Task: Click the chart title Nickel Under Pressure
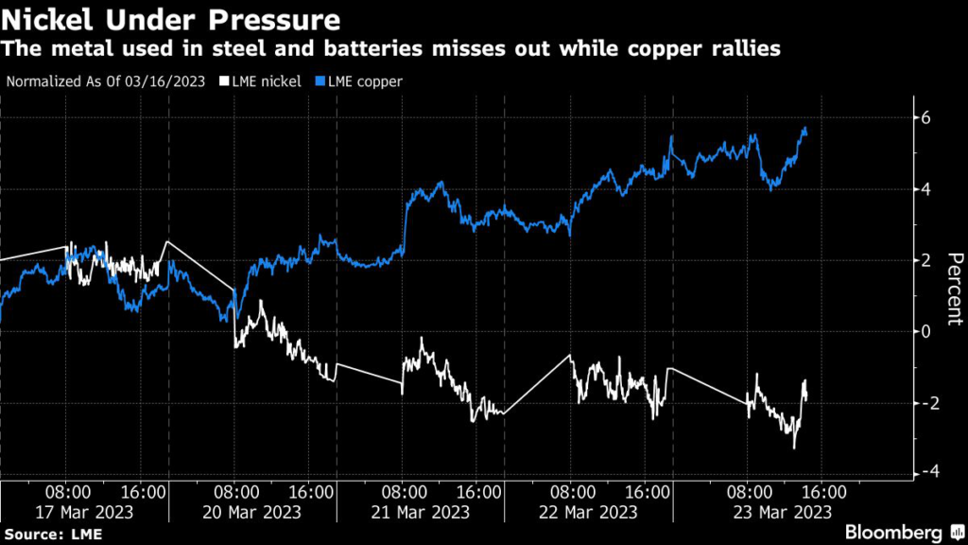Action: [171, 19]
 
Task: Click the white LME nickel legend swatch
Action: [224, 81]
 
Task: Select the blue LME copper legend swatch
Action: [322, 81]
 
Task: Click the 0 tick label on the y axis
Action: [927, 330]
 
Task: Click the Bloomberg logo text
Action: [894, 534]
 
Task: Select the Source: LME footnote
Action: [51, 535]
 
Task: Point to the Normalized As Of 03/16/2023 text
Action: [107, 81]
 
